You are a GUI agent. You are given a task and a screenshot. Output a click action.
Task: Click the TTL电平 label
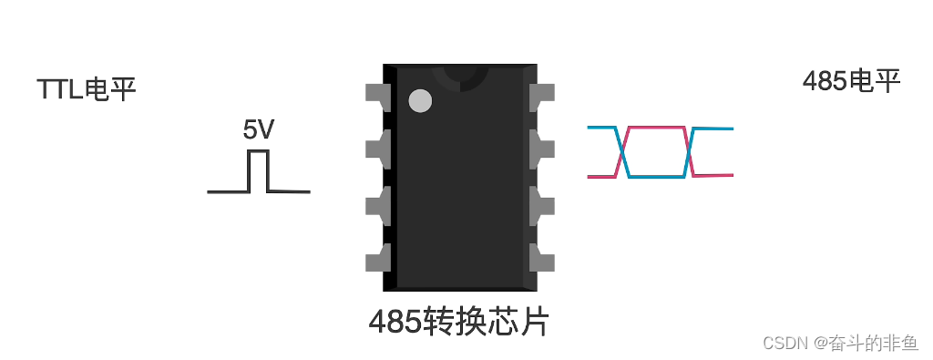click(x=87, y=89)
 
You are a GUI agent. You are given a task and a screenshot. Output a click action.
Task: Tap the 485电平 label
click(x=851, y=81)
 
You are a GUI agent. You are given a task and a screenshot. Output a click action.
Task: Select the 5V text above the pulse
click(x=258, y=130)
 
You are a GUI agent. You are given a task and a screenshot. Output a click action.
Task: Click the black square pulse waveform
click(x=259, y=172)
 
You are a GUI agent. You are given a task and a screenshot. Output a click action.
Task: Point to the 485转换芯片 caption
click(x=459, y=321)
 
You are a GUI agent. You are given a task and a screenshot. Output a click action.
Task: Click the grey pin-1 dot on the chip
click(x=420, y=100)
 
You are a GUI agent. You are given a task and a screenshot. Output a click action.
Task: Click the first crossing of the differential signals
click(x=623, y=152)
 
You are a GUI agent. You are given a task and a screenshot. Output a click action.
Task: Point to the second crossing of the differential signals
click(x=691, y=152)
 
